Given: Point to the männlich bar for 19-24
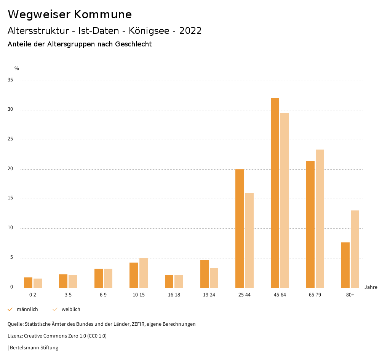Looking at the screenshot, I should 205,274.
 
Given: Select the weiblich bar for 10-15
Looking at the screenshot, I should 144,273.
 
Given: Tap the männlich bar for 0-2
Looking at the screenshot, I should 28,282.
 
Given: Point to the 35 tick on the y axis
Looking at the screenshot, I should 10,80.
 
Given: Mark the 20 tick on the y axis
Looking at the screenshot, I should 10,169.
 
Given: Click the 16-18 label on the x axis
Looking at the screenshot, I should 174,295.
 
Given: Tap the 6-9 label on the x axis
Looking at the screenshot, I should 103,295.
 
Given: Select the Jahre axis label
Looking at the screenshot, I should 371,287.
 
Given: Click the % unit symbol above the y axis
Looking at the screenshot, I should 17,68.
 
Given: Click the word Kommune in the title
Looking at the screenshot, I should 103,14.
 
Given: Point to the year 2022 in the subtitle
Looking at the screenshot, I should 190,31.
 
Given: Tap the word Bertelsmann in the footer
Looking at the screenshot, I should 24,347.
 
